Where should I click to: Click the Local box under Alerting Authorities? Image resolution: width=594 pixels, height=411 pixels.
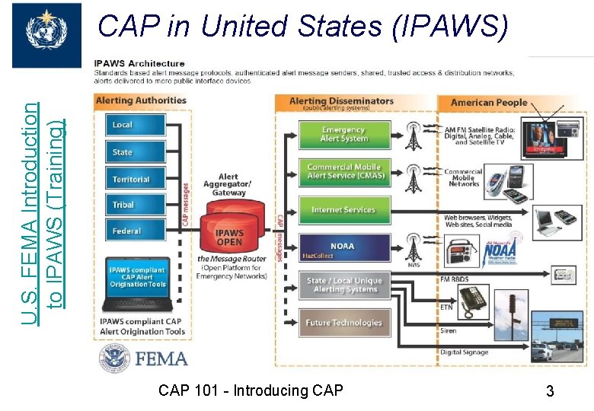135,126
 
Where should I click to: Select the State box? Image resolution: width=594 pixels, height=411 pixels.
135,152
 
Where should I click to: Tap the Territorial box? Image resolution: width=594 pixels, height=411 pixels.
135,179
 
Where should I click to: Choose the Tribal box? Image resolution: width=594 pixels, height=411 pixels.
135,205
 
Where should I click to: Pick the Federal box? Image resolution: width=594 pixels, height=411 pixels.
135,231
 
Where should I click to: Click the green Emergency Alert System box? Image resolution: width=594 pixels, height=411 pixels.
343,135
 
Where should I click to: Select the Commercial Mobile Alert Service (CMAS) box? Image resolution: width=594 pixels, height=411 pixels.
343,171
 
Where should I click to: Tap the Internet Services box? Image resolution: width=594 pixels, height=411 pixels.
343,209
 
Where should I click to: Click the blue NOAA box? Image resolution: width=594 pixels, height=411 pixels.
343,247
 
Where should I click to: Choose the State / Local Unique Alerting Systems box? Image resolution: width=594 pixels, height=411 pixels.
343,285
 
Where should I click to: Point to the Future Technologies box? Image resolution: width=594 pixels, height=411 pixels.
343,323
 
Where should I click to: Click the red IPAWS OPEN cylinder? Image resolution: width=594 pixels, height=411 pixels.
230,236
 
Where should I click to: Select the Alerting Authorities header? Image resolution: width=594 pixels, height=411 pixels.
141,100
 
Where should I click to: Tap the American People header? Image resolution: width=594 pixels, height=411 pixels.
488,103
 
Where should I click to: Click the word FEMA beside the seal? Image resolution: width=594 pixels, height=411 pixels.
161,358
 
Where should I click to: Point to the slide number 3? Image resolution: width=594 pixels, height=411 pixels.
549,392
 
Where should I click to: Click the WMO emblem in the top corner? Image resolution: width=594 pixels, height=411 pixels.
46,34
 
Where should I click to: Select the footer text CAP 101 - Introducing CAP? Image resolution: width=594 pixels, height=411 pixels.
251,390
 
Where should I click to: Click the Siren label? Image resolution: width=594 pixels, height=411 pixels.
449,331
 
